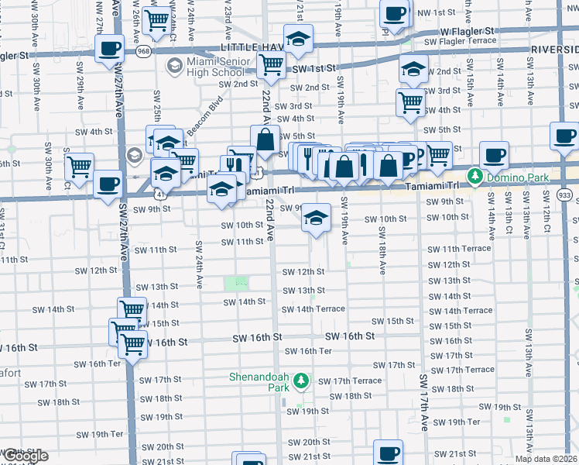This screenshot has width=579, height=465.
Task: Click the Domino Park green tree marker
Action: pyautogui.click(x=475, y=177)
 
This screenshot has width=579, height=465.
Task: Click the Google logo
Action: pyautogui.click(x=25, y=456)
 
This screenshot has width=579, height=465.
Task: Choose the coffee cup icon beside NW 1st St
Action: pyautogui.click(x=395, y=13)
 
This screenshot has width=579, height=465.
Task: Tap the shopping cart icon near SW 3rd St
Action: pyautogui.click(x=410, y=101)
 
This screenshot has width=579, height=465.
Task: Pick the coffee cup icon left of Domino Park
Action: pyautogui.click(x=493, y=154)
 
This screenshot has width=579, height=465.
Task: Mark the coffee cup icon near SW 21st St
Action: pyautogui.click(x=388, y=453)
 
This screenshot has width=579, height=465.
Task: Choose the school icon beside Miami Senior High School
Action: pyautogui.click(x=174, y=67)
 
